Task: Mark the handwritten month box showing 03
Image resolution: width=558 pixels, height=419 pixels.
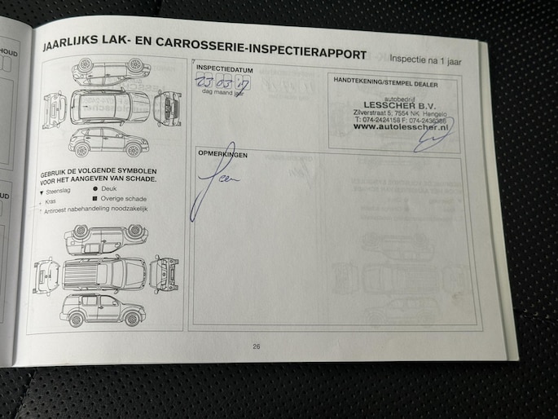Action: pyautogui.click(x=222, y=82)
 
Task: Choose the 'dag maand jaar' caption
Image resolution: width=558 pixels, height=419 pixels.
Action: pyautogui.click(x=223, y=94)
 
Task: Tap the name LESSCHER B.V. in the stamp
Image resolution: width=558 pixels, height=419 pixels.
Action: pyautogui.click(x=399, y=104)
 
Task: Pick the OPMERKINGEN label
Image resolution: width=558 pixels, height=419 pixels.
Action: pyautogui.click(x=223, y=154)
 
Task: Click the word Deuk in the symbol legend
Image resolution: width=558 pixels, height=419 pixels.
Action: pyautogui.click(x=108, y=188)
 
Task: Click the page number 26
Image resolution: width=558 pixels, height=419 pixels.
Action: pyautogui.click(x=256, y=346)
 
